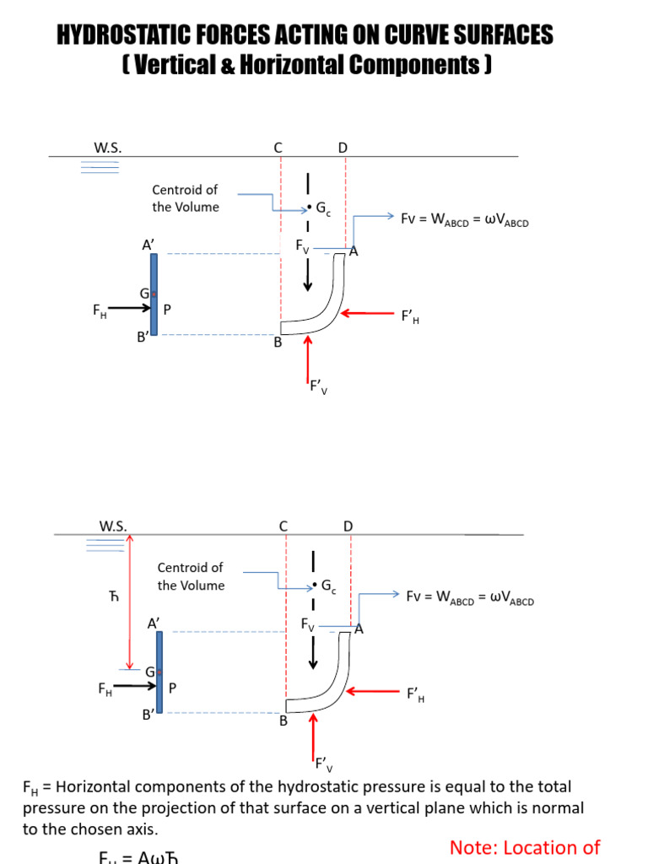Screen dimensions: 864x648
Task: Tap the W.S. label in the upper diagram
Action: point(107,148)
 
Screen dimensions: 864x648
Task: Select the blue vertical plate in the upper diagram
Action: point(154,294)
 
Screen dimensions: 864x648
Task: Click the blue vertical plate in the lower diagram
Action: point(159,672)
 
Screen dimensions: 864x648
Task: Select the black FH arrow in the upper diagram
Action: point(130,309)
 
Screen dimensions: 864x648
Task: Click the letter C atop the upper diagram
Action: point(278,148)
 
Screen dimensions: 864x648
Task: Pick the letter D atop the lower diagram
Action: point(348,526)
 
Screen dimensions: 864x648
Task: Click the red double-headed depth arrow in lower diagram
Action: point(129,602)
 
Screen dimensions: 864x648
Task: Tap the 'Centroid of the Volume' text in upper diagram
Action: point(185,198)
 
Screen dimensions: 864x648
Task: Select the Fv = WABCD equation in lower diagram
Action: point(469,597)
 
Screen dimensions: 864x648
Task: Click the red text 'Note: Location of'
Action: point(524,847)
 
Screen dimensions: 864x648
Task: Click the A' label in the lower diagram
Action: point(154,624)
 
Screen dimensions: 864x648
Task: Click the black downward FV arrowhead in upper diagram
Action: point(308,284)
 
